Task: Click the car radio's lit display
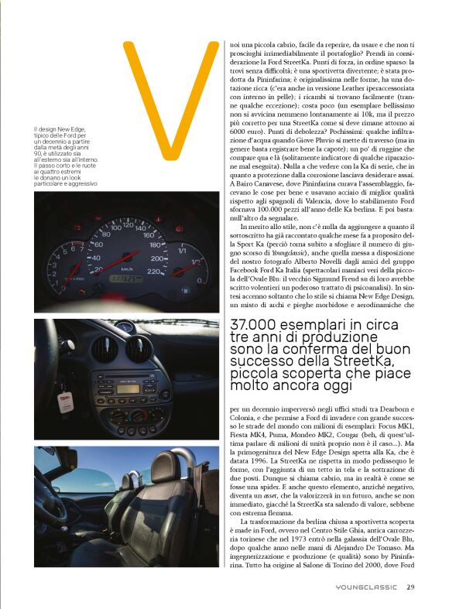pos(128,388)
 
